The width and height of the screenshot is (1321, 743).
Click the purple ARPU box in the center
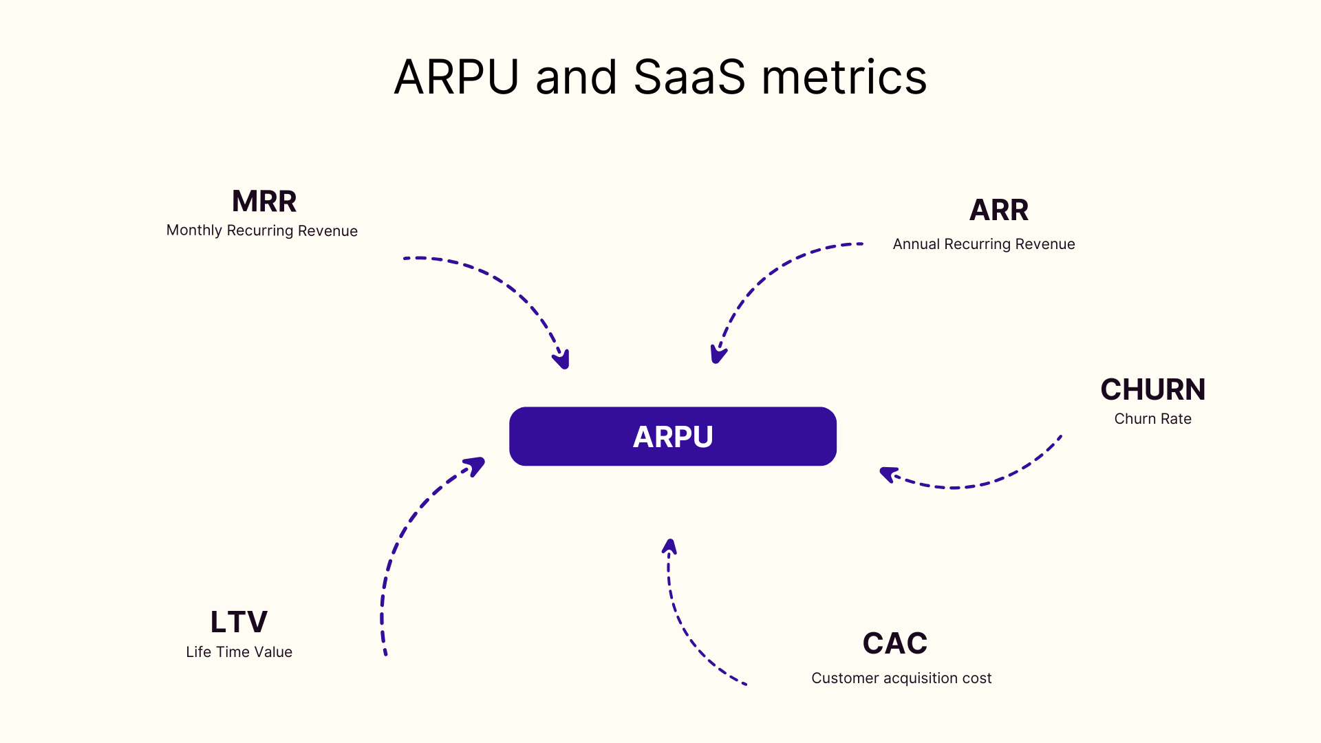pos(672,436)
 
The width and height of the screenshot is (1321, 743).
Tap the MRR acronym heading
pos(264,202)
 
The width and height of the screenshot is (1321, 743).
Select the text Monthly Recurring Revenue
pos(261,230)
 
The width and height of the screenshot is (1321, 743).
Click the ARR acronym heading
pos(998,210)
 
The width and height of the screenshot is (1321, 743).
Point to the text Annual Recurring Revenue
pos(983,244)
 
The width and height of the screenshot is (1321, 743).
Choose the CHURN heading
pos(1152,389)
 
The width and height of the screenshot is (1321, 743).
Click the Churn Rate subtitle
pos(1152,419)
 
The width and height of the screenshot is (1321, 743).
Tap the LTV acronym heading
pos(239,622)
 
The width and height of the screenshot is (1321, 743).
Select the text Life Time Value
pos(239,652)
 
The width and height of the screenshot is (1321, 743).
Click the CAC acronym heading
pos(894,643)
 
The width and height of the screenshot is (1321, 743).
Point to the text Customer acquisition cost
pos(901,678)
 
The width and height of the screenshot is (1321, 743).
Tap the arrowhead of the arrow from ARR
pos(718,355)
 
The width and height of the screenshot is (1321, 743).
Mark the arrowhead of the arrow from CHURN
pos(888,474)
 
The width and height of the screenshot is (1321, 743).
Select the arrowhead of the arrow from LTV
pos(476,464)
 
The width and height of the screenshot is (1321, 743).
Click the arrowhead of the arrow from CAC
pos(669,546)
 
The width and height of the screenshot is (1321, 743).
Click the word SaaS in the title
pos(689,77)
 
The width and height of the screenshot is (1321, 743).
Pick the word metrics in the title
pos(844,77)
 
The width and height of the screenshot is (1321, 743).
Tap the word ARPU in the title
pos(456,77)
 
